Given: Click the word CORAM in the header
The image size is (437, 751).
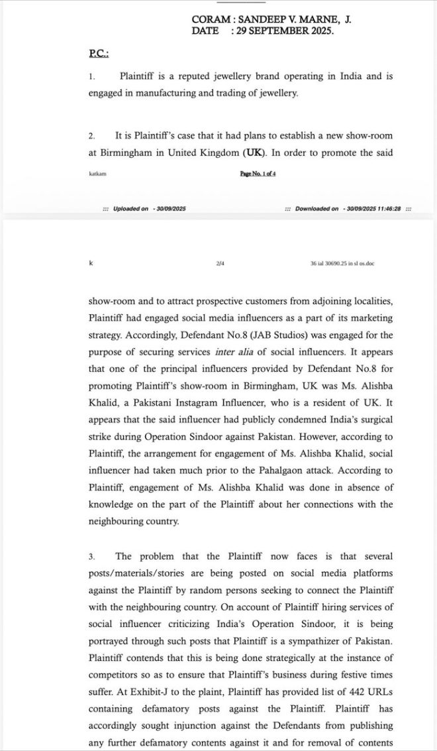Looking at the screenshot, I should click(207, 20).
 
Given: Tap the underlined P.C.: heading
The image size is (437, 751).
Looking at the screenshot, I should click(99, 53).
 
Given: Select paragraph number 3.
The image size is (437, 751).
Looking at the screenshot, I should click(91, 557).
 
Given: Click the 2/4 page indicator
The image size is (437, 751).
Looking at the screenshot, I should click(220, 263).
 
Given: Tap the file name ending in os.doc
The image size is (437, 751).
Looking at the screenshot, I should click(342, 263).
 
